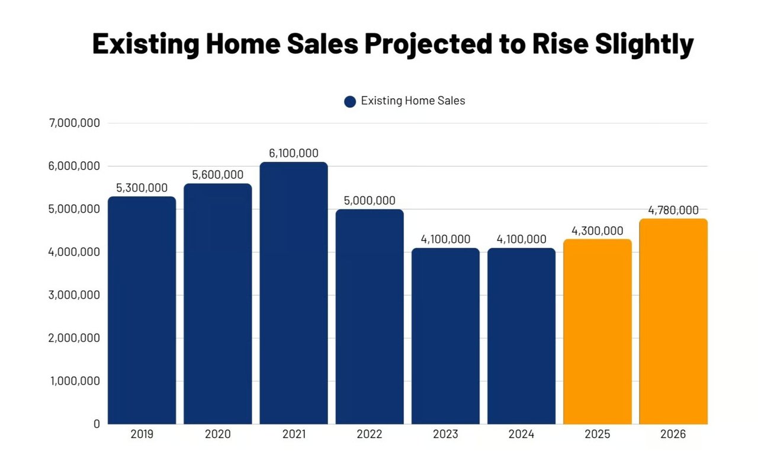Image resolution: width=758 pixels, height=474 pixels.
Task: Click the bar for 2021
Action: click(294, 293)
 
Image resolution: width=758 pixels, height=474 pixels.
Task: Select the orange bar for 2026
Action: click(673, 321)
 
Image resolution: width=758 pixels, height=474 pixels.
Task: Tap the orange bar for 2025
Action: click(598, 331)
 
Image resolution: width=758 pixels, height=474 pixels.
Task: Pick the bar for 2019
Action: click(142, 310)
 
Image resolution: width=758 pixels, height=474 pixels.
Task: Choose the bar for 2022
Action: click(370, 316)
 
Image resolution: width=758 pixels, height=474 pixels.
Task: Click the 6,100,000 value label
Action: click(294, 153)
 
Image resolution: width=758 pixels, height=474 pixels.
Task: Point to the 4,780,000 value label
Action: click(673, 210)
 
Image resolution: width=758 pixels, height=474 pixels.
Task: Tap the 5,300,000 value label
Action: click(142, 188)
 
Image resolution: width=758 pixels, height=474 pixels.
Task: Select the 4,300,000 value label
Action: click(598, 230)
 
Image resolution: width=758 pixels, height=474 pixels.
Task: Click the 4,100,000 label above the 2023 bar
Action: click(445, 239)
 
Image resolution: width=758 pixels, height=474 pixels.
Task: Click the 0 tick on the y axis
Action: click(96, 424)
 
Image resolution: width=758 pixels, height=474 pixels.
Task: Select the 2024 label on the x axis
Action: click(521, 434)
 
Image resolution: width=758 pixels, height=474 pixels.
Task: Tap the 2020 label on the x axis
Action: click(218, 434)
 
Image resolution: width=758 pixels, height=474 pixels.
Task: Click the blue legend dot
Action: click(350, 101)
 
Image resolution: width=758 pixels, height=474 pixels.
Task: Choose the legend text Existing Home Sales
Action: click(413, 101)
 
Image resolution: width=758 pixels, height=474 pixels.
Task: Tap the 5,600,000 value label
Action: click(218, 175)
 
